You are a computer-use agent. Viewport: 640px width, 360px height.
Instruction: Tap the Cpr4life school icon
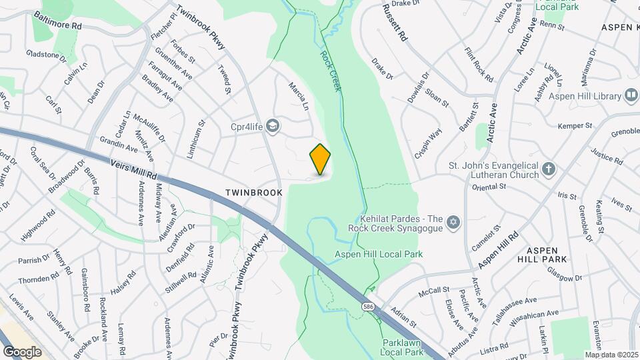[272, 125]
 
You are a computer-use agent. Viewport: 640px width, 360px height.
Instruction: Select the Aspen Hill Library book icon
[631, 97]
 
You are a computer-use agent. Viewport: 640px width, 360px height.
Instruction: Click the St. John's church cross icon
[548, 169]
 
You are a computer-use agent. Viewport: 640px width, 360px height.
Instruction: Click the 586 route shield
[368, 306]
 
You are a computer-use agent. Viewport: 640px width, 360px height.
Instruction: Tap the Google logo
[22, 351]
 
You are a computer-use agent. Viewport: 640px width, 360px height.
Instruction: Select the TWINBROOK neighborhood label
[253, 192]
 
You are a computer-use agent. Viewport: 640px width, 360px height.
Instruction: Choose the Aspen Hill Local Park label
[379, 254]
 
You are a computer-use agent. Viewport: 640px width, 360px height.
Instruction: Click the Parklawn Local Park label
[403, 347]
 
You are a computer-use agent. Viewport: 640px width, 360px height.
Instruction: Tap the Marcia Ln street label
[299, 97]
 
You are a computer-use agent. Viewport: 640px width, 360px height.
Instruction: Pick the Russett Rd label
[395, 23]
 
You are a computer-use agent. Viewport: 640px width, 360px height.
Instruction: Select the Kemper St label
[575, 125]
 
